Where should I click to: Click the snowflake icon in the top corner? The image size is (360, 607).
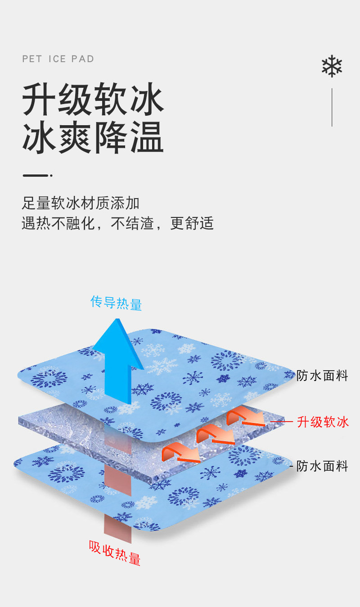click(332, 66)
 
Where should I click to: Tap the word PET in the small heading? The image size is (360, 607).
click(31, 59)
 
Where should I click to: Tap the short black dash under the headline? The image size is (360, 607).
click(36, 175)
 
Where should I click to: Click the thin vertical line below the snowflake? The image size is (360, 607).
click(332, 107)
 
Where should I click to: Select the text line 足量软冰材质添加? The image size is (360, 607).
click(81, 203)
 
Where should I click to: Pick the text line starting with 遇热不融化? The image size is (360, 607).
click(117, 223)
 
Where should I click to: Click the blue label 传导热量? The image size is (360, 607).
click(116, 303)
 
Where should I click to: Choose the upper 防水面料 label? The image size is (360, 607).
click(322, 376)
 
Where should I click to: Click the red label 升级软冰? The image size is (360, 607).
click(323, 422)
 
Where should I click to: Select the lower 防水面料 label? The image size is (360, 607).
click(322, 466)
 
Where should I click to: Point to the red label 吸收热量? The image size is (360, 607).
click(115, 552)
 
